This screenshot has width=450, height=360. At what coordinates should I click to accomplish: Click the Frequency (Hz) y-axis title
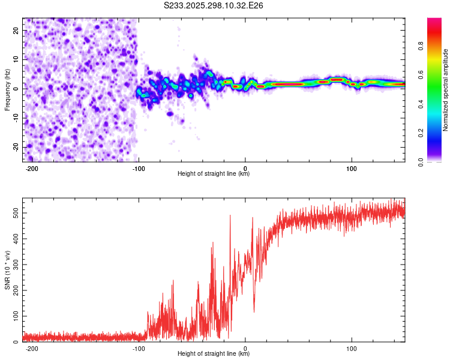point(7,90)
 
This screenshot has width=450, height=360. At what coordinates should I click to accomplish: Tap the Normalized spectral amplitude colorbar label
point(446,90)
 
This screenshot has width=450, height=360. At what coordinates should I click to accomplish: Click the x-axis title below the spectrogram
point(214,174)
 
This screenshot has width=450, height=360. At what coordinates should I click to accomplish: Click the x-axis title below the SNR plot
point(214,354)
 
